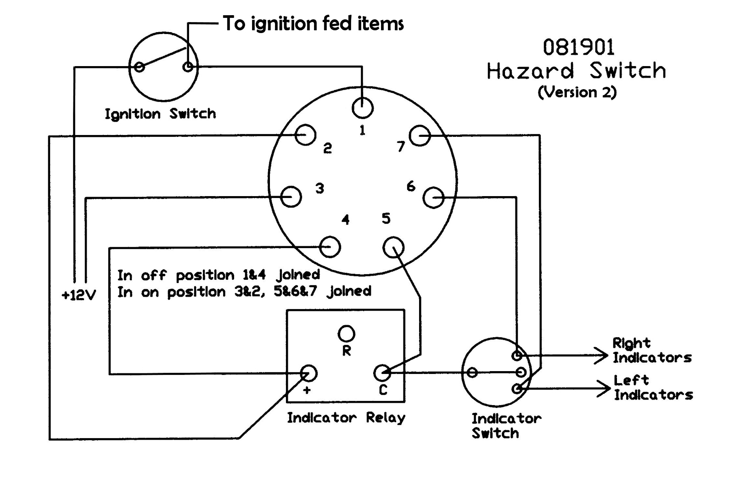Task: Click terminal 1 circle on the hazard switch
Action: click(x=363, y=108)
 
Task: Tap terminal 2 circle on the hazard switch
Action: click(x=305, y=136)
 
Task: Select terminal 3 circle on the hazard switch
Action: click(x=291, y=197)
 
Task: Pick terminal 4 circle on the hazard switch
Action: click(x=330, y=247)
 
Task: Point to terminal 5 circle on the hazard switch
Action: click(x=393, y=248)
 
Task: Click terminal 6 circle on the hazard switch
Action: click(x=433, y=198)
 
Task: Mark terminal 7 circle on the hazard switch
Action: click(x=420, y=136)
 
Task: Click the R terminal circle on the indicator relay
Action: click(x=346, y=334)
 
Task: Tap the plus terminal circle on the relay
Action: click(x=308, y=373)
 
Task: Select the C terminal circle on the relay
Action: click(x=382, y=373)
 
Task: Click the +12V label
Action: click(x=79, y=295)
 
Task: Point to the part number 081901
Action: click(x=578, y=47)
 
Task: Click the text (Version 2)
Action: click(x=577, y=92)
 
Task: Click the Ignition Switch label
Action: click(x=160, y=114)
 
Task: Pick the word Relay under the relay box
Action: click(x=386, y=418)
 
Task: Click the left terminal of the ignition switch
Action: click(x=140, y=67)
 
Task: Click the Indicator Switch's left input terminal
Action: click(x=472, y=373)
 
